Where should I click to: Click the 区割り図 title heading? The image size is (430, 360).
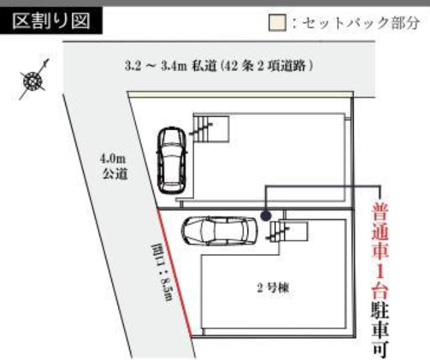click(51, 21)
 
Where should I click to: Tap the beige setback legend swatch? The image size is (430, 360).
click(277, 22)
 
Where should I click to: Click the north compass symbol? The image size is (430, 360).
click(33, 80)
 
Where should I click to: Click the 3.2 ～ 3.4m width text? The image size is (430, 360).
click(156, 66)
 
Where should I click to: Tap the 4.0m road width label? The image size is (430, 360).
click(113, 159)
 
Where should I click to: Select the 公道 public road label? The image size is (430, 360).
click(115, 174)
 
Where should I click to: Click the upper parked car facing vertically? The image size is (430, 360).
click(171, 161)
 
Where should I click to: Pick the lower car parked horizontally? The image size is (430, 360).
click(219, 231)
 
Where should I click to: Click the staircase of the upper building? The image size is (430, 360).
click(210, 129)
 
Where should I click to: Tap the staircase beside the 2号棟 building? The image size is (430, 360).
click(288, 232)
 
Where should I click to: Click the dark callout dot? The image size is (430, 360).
click(266, 216)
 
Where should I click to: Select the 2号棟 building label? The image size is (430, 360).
click(273, 288)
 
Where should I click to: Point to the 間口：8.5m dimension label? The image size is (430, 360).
click(162, 272)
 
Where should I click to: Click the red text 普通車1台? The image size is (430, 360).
click(380, 250)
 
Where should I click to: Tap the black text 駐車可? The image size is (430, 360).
click(380, 329)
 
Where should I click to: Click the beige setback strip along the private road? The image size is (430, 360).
click(240, 93)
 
